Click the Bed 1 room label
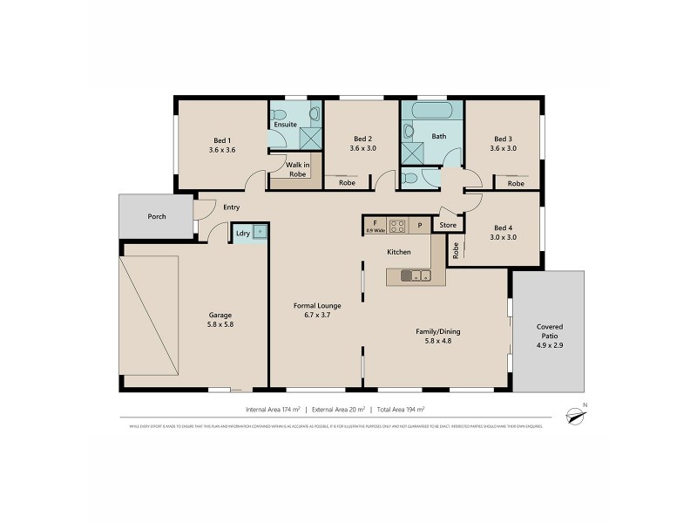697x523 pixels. (222, 139)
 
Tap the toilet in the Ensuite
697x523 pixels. (315, 113)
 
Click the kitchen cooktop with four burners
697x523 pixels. (397, 226)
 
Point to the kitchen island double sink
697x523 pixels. (414, 276)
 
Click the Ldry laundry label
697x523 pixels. (242, 234)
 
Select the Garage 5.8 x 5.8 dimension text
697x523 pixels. (220, 324)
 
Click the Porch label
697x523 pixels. (157, 217)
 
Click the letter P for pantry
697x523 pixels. (419, 226)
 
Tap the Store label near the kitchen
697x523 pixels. (448, 226)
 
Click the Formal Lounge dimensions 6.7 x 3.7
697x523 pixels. (316, 315)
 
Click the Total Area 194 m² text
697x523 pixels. (400, 409)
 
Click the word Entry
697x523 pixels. (231, 207)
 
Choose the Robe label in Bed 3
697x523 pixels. (516, 184)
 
